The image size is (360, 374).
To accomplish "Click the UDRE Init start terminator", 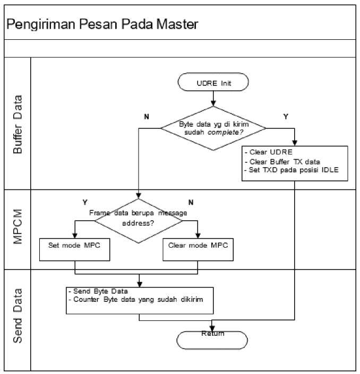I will [213, 83].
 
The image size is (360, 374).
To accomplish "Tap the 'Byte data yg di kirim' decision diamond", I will [213, 127].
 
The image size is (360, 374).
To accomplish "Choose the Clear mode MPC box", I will [198, 247].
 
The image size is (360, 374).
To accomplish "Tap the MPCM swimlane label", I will [18, 229].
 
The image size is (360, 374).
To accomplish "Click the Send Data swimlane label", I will [18, 316].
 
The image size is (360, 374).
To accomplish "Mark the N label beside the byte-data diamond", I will [147, 116].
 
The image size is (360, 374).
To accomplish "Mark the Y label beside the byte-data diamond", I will [286, 116].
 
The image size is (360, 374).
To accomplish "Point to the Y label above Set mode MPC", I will [85, 202].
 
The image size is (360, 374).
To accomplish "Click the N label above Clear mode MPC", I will [191, 202].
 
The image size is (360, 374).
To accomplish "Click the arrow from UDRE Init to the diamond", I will [213, 98].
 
